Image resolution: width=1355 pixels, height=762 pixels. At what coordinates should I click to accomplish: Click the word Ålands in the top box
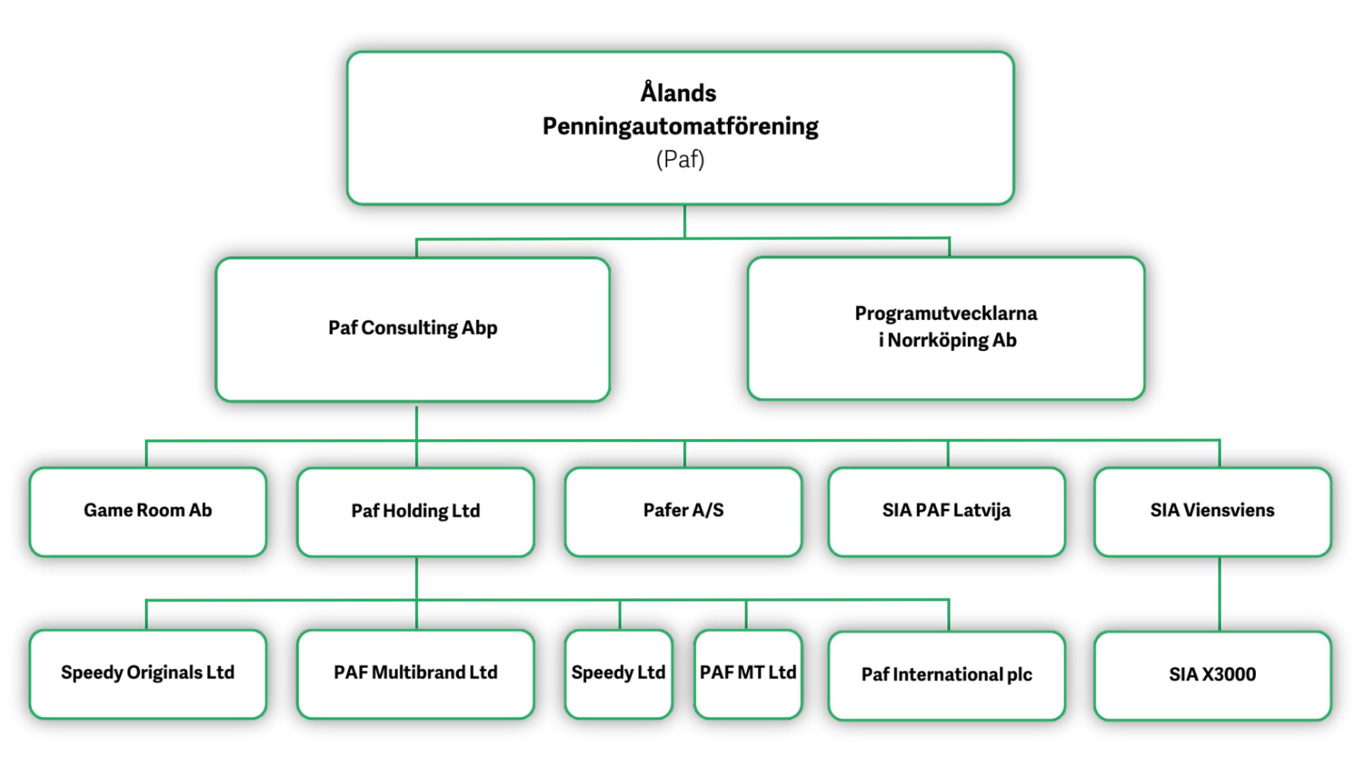click(x=678, y=93)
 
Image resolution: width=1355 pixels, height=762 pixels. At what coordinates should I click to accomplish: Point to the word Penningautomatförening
click(x=680, y=126)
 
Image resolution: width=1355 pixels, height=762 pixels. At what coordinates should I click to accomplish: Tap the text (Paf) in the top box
click(x=680, y=159)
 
